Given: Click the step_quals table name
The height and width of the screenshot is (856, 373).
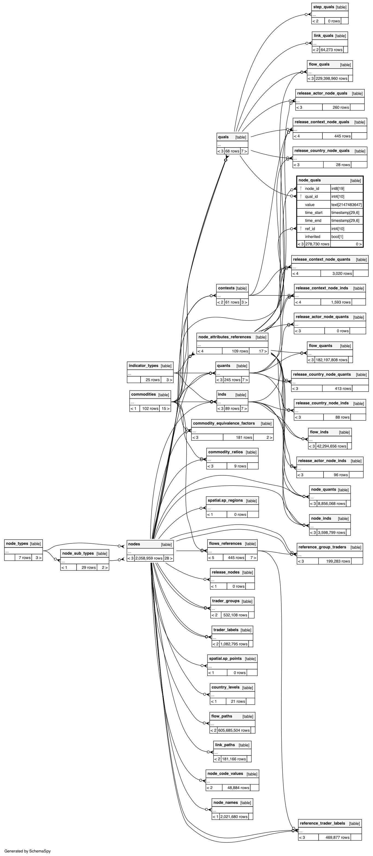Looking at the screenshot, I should [324, 7].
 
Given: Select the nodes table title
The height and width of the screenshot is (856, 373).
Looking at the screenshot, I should [134, 544].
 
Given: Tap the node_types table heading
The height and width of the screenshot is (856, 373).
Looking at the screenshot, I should [17, 544].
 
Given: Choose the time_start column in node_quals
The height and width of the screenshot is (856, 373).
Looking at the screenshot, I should [313, 213].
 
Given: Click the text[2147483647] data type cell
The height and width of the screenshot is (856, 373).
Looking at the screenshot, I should [346, 205].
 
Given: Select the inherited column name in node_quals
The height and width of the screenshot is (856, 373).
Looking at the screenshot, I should [313, 237].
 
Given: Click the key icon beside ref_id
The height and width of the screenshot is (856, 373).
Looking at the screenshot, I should [301, 228].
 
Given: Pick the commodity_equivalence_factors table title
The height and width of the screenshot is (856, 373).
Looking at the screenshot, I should [224, 423].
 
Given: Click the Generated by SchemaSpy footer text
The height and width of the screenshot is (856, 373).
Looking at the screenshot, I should [28, 851].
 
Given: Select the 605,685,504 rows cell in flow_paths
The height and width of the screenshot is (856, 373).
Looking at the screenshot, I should [234, 730].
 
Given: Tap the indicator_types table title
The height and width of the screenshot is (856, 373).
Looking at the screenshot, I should [143, 366].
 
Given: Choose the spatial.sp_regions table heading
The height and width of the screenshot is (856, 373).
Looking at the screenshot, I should [225, 501].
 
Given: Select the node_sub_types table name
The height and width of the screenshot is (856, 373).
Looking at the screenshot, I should [78, 553].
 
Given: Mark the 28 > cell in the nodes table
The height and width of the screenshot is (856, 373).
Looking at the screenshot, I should [168, 558].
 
